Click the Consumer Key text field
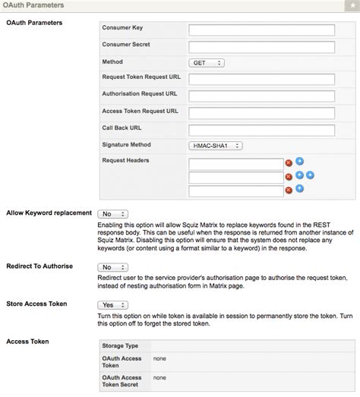(262, 30)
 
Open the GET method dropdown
(206, 64)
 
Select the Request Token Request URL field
(262, 80)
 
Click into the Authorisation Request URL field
(262, 96)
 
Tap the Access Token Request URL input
(262, 113)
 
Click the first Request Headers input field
(235, 162)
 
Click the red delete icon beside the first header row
(289, 163)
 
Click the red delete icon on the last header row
(289, 193)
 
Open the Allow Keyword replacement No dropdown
(112, 214)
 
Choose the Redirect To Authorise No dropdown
(112, 267)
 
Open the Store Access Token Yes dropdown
(112, 304)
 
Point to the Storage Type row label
(121, 345)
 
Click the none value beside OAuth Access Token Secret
(160, 377)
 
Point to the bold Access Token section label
(28, 342)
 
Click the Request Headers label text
(125, 161)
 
